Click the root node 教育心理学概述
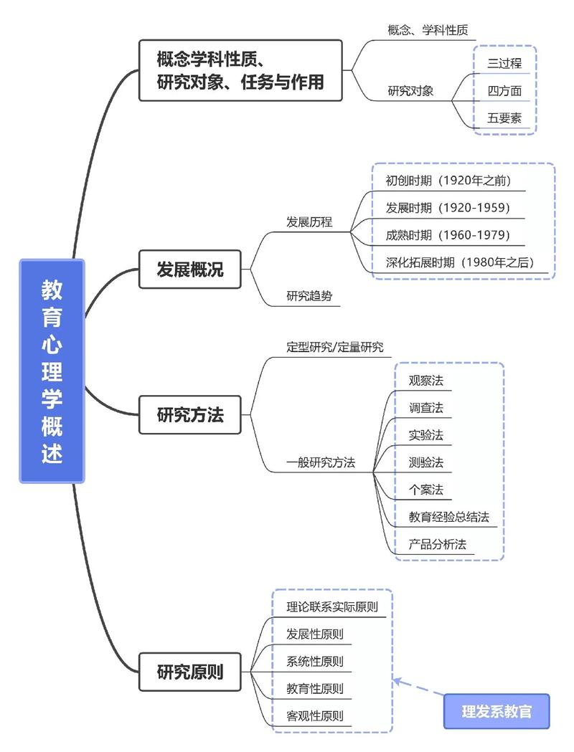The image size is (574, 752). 52,371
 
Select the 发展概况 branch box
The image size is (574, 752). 190,270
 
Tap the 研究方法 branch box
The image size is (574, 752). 190,414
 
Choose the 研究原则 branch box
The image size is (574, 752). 190,672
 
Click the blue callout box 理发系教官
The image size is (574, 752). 497,711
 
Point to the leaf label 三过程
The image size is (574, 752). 504,63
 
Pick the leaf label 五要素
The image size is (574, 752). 504,118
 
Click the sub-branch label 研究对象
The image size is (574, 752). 410,91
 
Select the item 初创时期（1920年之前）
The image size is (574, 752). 448,180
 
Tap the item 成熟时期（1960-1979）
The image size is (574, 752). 448,235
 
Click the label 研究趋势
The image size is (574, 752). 309,295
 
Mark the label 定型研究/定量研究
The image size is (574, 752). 335,347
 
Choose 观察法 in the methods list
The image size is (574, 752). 426,381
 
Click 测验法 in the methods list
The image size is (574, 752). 426,462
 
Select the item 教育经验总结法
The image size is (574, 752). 448,517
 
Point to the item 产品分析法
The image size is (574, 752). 438,544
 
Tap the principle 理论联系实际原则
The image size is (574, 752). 331,606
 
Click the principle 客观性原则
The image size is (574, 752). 314,715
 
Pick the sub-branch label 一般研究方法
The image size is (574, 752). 321,462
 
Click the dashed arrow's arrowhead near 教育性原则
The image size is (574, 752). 397,680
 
